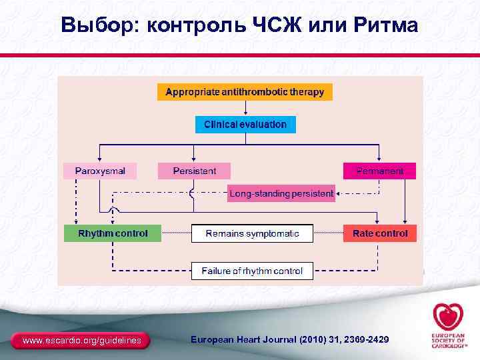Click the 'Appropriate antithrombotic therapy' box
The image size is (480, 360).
[245, 92]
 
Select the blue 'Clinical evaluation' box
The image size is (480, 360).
[245, 125]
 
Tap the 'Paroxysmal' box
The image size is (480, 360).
[99, 171]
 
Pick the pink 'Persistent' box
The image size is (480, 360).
[194, 171]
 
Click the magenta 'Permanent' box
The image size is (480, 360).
[379, 171]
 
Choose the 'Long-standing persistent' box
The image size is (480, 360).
[281, 194]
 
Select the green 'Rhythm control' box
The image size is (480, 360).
[112, 233]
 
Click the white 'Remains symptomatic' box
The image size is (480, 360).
[252, 233]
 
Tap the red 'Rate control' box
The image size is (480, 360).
[380, 233]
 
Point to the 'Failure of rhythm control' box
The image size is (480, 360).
[252, 271]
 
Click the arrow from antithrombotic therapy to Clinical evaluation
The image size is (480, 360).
[245, 108]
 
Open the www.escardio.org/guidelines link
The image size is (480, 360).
[81, 341]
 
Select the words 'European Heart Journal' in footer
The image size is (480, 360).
[237, 340]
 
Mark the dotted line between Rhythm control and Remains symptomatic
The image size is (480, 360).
[176, 233]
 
